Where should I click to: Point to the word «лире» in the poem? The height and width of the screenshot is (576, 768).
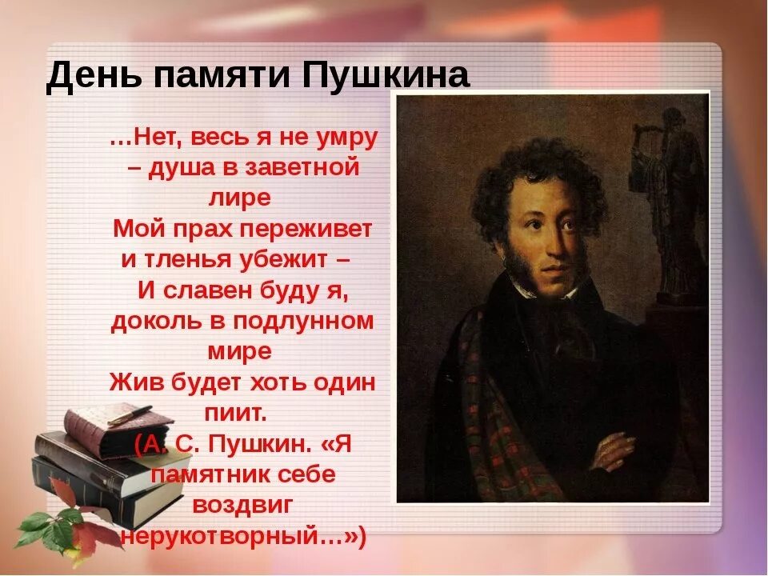[x=242, y=197]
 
